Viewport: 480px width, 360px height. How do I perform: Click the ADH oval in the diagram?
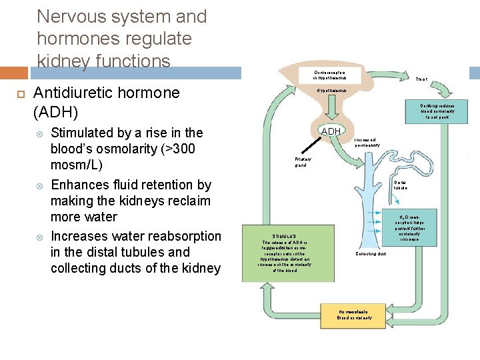pos(331,131)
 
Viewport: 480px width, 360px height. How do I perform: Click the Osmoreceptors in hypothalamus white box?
pos(329,74)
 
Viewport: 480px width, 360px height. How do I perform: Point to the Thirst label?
pos(421,79)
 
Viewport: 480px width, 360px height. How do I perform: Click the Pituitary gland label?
pos(301,162)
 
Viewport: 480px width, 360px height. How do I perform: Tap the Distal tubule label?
pos(400,185)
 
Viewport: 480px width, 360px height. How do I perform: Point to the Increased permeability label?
pos(367,142)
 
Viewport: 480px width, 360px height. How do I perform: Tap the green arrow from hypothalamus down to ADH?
pos(331,110)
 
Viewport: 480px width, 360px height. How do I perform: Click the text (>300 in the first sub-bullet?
pos(173,149)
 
